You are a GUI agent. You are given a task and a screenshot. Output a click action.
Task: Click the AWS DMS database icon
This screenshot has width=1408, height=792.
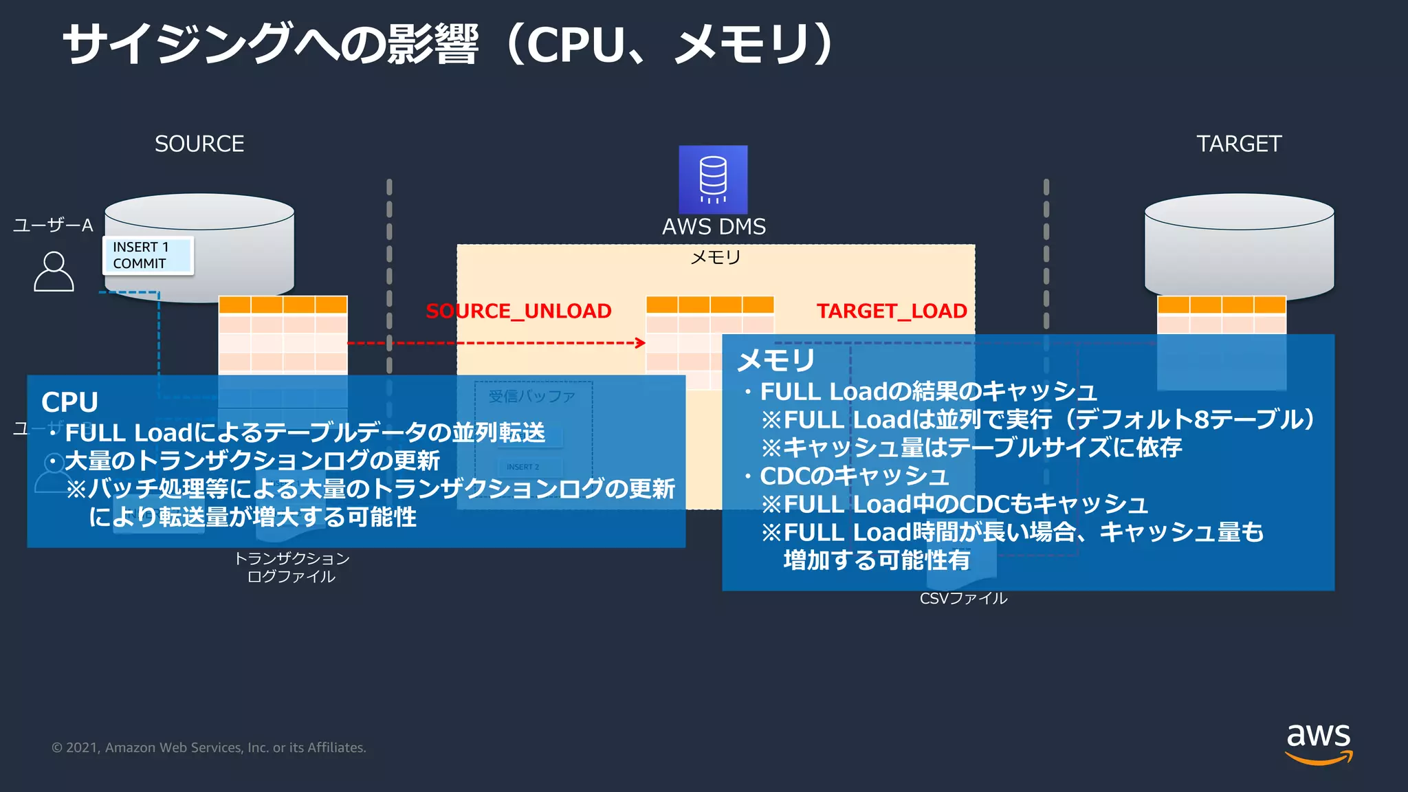(x=713, y=179)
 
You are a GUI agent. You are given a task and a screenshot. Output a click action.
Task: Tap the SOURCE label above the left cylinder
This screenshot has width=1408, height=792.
(x=199, y=144)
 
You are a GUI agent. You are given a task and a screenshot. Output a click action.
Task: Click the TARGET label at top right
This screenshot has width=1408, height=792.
(x=1239, y=144)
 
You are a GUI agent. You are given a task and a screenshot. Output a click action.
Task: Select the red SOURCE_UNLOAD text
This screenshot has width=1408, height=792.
(x=518, y=311)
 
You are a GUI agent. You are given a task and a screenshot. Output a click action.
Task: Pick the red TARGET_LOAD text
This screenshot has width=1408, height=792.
(x=892, y=311)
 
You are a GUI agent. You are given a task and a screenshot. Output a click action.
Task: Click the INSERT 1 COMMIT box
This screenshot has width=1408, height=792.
(x=148, y=255)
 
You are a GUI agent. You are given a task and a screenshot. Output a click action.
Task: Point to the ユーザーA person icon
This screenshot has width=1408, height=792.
(x=54, y=272)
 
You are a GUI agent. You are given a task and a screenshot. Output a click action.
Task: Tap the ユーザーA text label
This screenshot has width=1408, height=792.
(x=53, y=225)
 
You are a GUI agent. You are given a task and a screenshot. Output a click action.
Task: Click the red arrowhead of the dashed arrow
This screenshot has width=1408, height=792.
(x=641, y=342)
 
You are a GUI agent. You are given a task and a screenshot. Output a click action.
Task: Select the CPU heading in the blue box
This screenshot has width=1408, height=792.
(x=69, y=402)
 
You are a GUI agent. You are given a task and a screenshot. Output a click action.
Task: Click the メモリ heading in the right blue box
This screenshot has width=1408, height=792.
(x=775, y=360)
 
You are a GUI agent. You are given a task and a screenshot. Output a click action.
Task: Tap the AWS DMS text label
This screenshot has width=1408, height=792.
(x=714, y=226)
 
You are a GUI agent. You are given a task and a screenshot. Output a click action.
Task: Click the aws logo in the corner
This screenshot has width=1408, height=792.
(x=1318, y=742)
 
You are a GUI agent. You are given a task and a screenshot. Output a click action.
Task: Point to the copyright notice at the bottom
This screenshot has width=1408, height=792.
(x=208, y=747)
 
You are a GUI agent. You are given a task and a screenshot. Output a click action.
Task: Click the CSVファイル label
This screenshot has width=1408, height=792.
(x=963, y=598)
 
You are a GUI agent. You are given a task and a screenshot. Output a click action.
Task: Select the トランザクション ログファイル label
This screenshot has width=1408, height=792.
(x=291, y=567)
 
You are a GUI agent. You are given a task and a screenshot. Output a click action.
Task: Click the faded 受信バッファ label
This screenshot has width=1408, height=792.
(x=531, y=396)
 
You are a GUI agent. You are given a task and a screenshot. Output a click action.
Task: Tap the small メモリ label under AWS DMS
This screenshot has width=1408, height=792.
(x=715, y=257)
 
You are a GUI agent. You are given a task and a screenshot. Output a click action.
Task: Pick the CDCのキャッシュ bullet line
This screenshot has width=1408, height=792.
(x=854, y=476)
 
